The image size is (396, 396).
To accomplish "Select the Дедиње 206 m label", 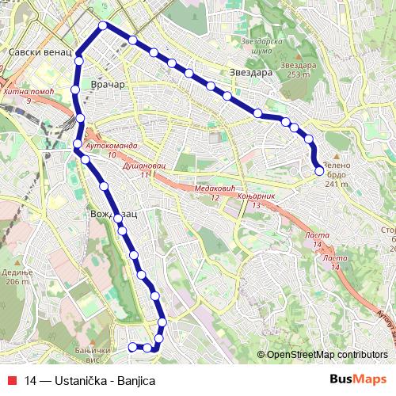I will tap(16, 276).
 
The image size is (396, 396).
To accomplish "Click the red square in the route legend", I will tap(13, 380).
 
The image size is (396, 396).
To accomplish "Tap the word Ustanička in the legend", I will tap(86, 380).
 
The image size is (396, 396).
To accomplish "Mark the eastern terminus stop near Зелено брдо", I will tap(319, 169).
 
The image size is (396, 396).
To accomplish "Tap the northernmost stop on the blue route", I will tap(103, 26).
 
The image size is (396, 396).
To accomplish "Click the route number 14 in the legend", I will tap(30, 380).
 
